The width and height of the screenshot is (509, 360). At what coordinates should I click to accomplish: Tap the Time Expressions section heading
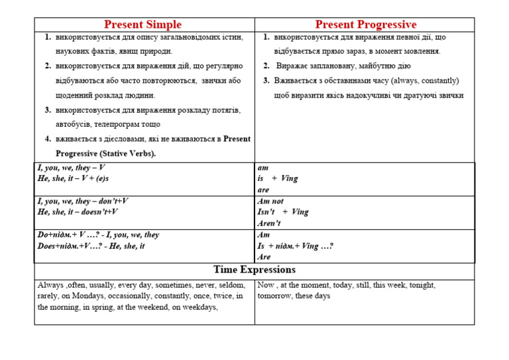(x=254, y=270)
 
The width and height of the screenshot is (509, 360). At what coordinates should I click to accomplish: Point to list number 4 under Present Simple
(x=48, y=139)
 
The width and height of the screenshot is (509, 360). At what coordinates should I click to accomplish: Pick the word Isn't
(x=266, y=212)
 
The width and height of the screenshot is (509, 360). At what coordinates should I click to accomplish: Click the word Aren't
(x=269, y=223)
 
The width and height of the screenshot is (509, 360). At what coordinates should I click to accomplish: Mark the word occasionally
(x=127, y=296)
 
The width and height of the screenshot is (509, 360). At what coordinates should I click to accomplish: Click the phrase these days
(x=314, y=296)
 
